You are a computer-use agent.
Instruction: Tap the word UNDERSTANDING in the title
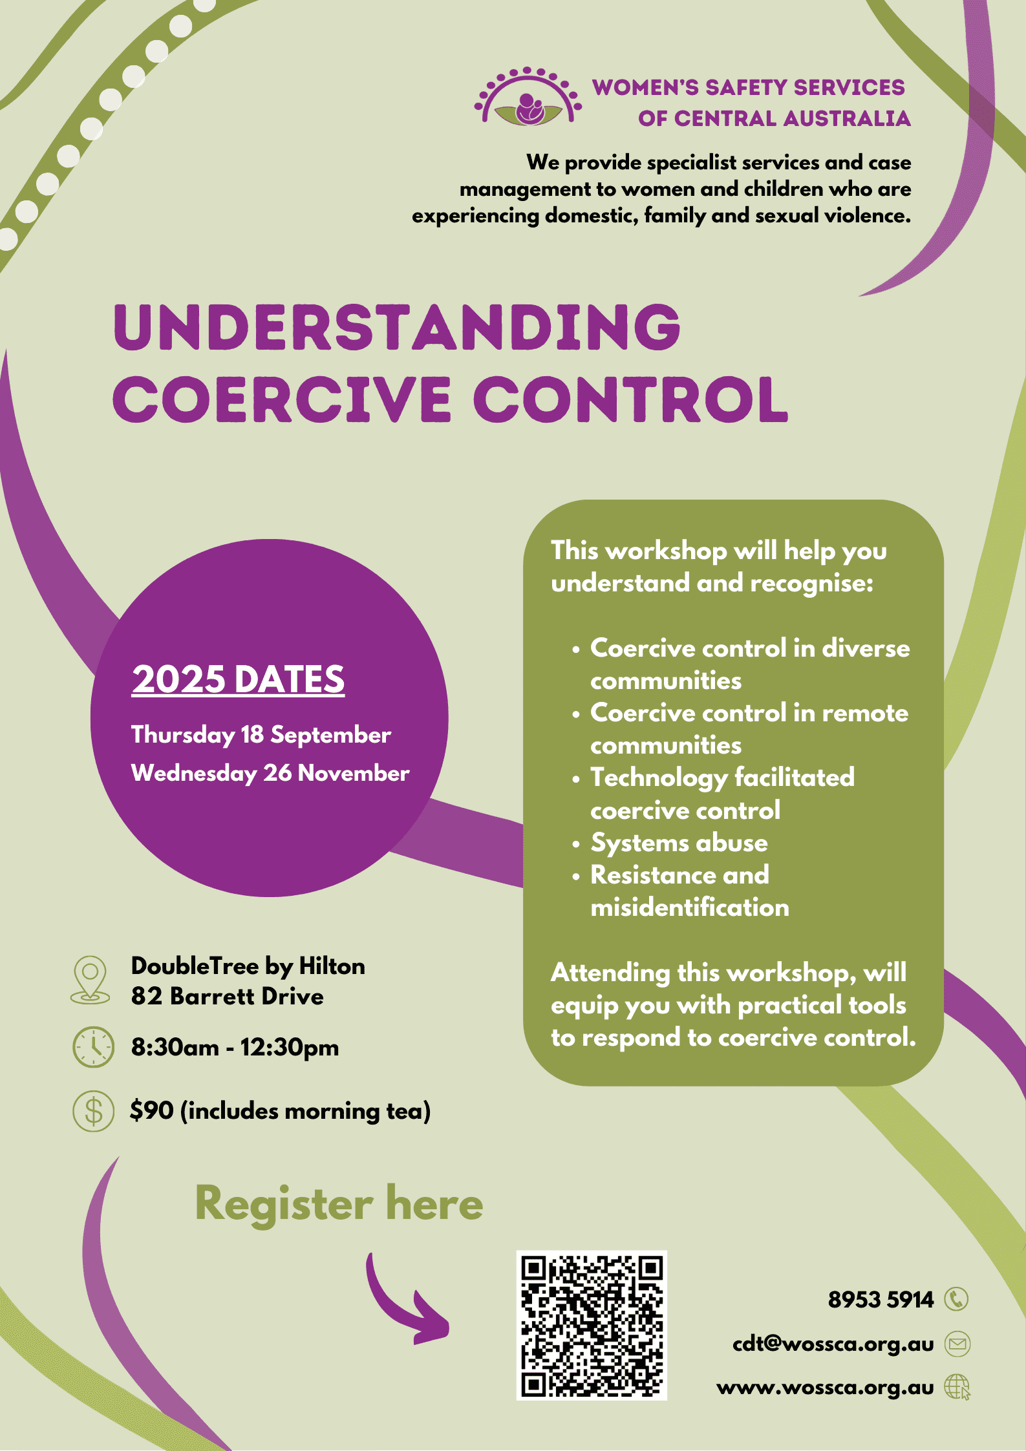coord(397,327)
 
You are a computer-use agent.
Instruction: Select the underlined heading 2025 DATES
coord(238,679)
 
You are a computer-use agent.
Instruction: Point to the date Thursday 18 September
coord(261,735)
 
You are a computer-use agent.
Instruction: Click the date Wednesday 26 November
coord(270,773)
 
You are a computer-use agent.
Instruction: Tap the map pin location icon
coord(90,979)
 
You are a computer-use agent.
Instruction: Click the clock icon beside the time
coord(93,1046)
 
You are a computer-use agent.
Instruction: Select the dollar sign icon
coord(93,1111)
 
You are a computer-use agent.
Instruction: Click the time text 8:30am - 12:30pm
coord(235,1047)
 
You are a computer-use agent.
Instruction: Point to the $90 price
coord(152,1111)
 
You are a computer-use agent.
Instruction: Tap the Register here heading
coord(339,1203)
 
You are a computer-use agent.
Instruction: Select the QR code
coord(592,1325)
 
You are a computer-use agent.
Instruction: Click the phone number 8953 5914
coord(881,1300)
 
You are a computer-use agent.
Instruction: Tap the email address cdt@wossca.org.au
coord(833,1344)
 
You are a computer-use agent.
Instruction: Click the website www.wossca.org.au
coord(825,1387)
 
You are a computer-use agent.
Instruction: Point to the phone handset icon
coord(957,1299)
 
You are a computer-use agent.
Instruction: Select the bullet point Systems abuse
coord(679,843)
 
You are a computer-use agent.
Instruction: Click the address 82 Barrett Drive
coord(227,997)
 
